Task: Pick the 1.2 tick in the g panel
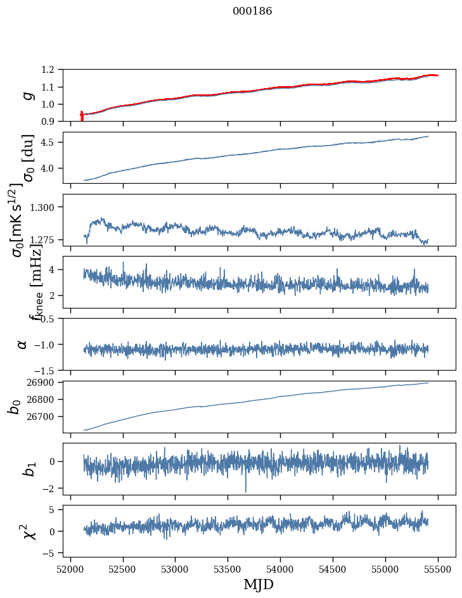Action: coord(51,70)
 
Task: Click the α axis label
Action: coord(23,344)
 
